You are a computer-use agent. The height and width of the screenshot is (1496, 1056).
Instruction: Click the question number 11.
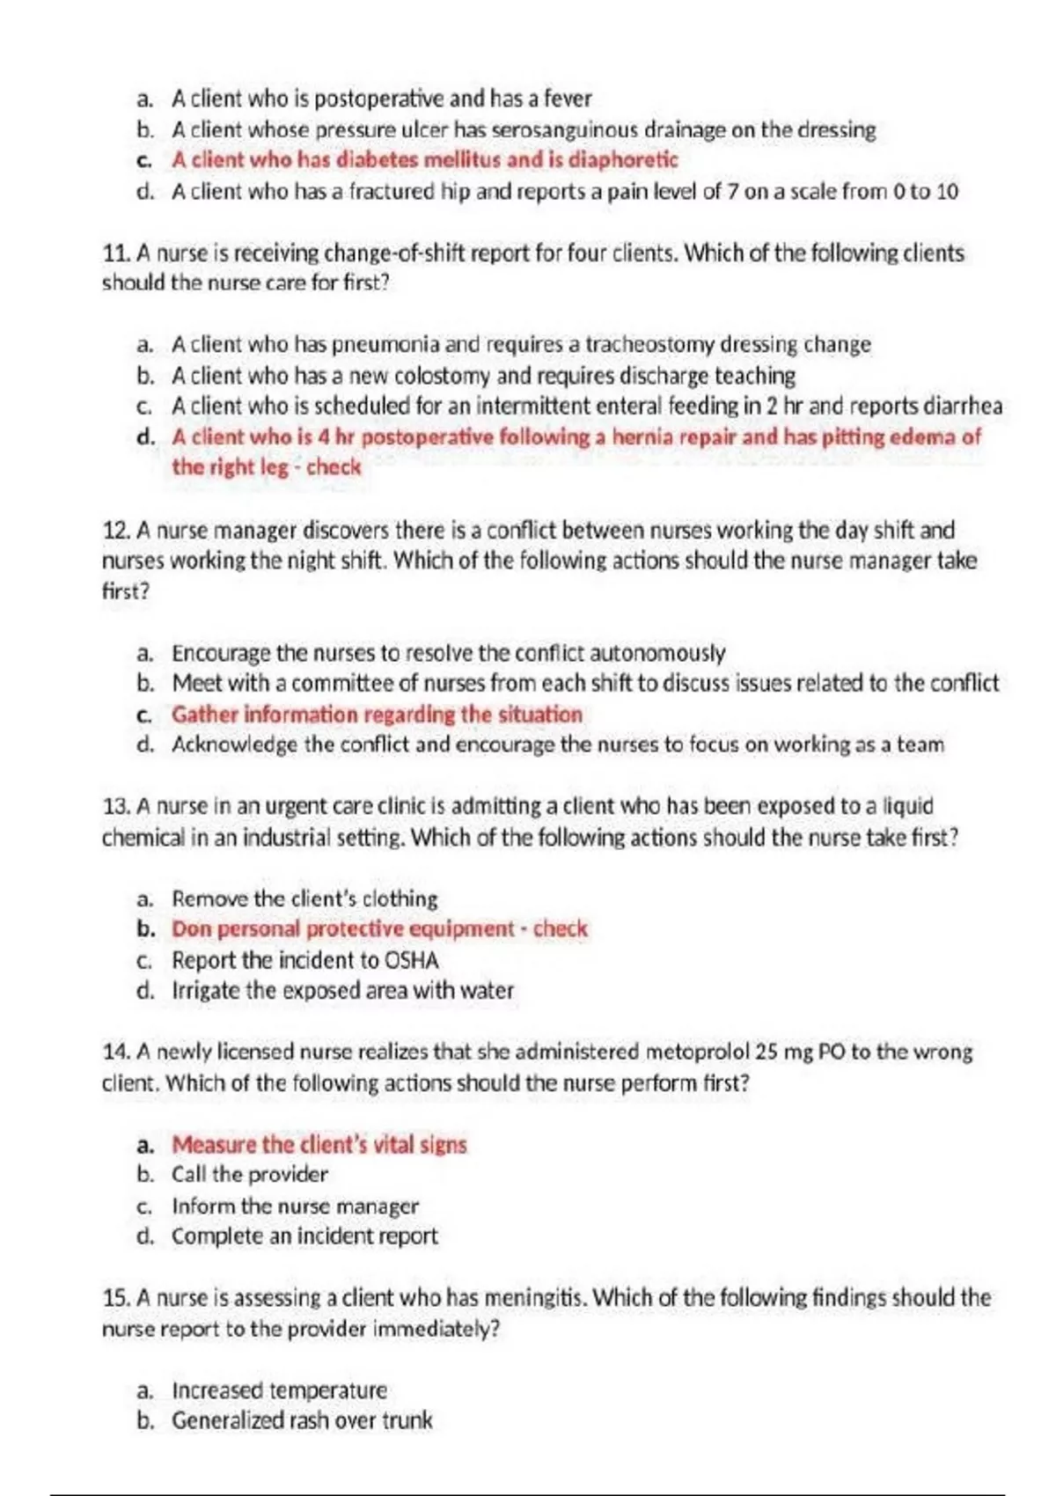click(115, 253)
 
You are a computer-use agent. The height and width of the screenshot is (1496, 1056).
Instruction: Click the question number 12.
click(115, 531)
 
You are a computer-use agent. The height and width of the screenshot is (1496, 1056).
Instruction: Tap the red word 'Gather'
click(204, 715)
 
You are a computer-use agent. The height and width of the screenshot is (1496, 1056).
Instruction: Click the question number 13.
click(115, 806)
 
